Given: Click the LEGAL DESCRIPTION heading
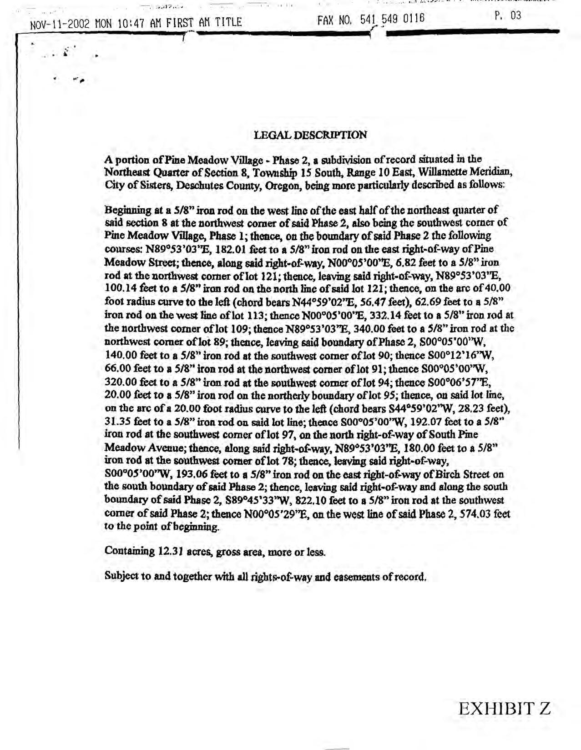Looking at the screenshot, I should (x=309, y=135).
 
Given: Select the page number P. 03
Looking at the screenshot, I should (x=508, y=16).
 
